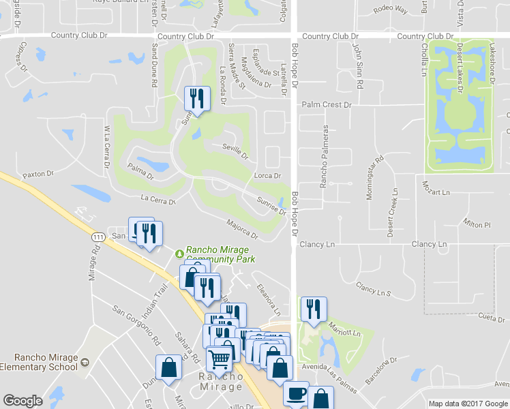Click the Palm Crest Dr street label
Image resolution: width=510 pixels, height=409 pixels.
[x=327, y=105]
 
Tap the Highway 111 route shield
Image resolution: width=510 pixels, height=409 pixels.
[x=98, y=235]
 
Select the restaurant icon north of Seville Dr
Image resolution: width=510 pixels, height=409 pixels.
[x=196, y=99]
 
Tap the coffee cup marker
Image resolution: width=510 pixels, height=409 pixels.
[x=296, y=394]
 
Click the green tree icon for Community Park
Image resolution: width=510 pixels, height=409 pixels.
[x=179, y=253]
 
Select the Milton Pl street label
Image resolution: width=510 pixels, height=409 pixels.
[x=477, y=224]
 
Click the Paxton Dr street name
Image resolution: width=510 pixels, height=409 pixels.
[x=37, y=175]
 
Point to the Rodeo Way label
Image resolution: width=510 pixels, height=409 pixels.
[x=391, y=10]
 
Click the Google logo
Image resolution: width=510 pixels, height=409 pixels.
[x=22, y=401]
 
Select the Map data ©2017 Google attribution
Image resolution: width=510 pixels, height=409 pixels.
[x=468, y=404]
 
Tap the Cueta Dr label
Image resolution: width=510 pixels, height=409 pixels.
[x=491, y=317]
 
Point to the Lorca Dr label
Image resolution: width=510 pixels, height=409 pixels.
[x=268, y=175]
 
